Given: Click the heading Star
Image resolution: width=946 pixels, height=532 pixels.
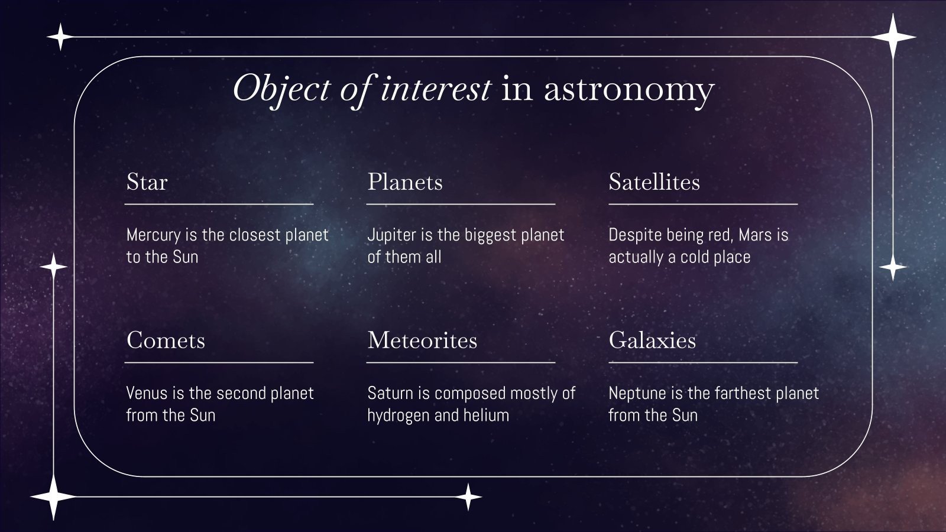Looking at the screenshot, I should tap(147, 182).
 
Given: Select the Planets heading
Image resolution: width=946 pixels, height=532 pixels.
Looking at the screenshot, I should tap(405, 182).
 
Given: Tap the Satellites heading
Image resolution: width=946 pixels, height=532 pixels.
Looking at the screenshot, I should tap(654, 182).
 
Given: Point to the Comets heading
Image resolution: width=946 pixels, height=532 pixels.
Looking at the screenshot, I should tap(166, 340).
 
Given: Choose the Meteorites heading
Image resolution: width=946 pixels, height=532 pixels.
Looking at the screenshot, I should tap(422, 340).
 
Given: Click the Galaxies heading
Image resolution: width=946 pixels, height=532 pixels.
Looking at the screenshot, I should tap(652, 340).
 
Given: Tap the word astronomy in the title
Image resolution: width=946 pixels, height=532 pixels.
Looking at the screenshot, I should tap(628, 90).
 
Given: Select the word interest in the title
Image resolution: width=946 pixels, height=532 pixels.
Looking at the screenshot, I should tap(435, 89).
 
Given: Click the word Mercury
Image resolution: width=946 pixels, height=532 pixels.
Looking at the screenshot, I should tap(153, 235).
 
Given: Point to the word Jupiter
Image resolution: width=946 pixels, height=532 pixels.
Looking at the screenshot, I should tap(391, 235).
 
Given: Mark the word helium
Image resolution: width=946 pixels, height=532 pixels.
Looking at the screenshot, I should tap(486, 416).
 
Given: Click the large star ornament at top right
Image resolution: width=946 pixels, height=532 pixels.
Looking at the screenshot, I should tap(893, 37).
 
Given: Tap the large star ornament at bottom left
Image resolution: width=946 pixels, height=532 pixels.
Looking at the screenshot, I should tap(53, 497).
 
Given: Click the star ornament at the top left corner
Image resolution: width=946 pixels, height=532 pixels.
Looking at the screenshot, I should tap(60, 37).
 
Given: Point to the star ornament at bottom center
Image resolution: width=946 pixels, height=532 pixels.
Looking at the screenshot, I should tap(468, 497).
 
